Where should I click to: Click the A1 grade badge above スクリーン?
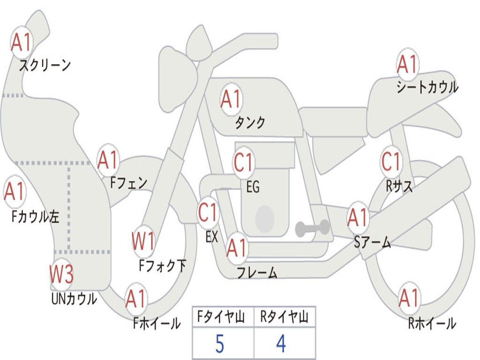[22, 43]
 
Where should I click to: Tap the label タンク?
[250, 123]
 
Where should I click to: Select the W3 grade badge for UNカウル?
[62, 274]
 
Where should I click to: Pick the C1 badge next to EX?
[208, 212]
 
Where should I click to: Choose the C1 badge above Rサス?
[391, 162]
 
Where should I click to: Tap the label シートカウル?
[427, 87]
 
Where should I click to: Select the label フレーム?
[257, 272]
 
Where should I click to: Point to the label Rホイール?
[431, 323]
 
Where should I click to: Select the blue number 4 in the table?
[281, 344]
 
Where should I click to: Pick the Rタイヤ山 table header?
[285, 318]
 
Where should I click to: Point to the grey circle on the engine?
[265, 218]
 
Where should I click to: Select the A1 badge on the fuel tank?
[231, 99]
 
